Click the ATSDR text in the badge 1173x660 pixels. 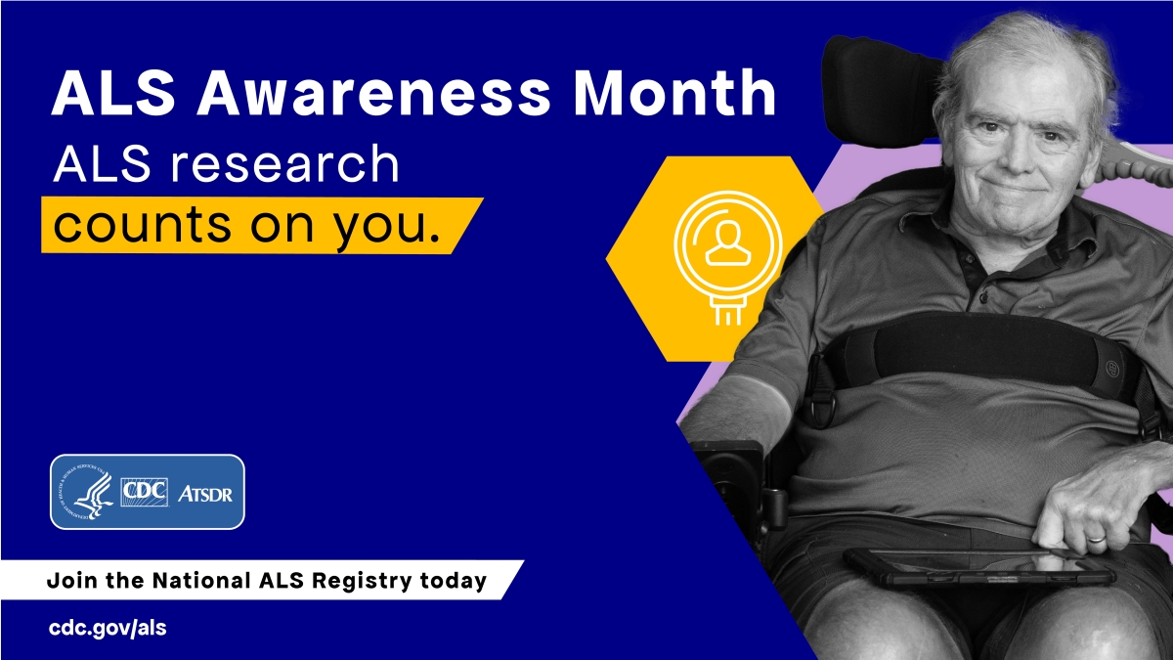coord(204,493)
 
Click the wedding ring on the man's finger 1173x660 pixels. coord(1098,537)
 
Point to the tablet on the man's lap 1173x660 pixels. coord(977,566)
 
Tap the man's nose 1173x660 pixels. coord(1017,147)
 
